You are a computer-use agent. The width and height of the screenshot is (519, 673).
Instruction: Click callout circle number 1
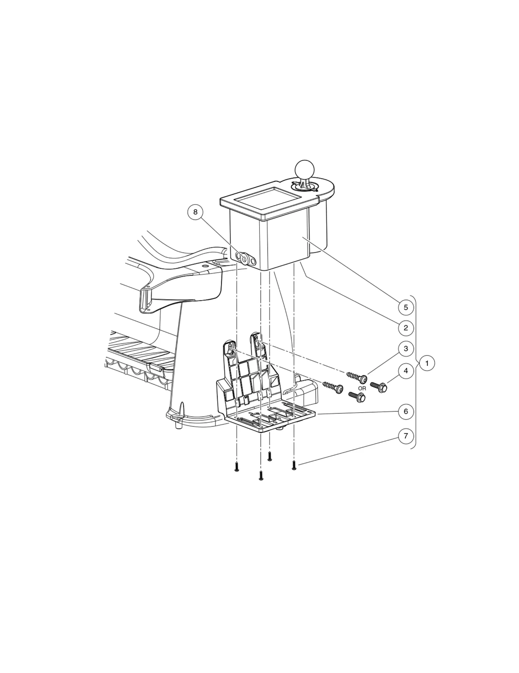(x=427, y=363)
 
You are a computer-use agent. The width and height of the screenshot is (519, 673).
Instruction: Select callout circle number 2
(x=406, y=328)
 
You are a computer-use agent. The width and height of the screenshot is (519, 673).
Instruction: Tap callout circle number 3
(x=406, y=349)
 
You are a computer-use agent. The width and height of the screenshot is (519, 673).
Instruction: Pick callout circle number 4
(x=406, y=371)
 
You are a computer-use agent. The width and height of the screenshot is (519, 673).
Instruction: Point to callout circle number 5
(x=406, y=307)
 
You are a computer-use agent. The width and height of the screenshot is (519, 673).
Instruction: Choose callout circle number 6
(x=406, y=411)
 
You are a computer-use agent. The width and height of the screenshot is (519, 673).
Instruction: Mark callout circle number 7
(x=406, y=436)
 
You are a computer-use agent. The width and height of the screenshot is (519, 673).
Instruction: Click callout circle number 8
(x=195, y=212)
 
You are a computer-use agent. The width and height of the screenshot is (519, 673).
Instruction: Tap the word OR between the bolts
(x=362, y=388)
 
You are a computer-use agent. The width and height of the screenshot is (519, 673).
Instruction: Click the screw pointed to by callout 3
(x=357, y=377)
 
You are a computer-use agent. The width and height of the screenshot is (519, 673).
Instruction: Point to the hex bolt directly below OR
(x=357, y=397)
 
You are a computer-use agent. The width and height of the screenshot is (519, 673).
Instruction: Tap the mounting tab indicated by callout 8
(x=246, y=259)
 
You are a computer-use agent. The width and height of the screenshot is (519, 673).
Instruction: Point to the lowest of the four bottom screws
(x=261, y=475)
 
